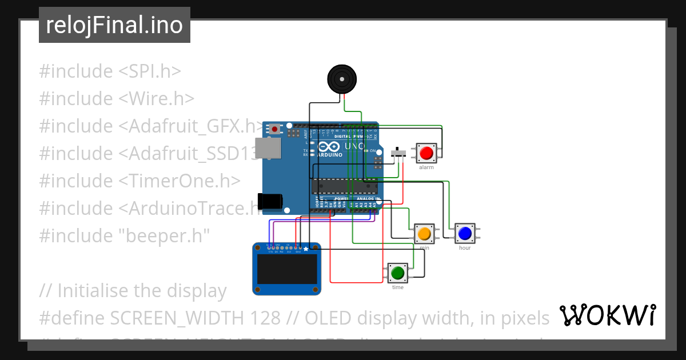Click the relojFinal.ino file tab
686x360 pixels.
click(x=114, y=25)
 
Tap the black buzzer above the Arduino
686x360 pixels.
click(x=341, y=79)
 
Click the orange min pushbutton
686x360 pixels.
click(x=424, y=233)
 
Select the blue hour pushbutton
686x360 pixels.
click(x=465, y=233)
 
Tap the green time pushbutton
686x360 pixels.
click(x=398, y=273)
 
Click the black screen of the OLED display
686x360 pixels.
click(x=287, y=269)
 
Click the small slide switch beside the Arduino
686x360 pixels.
click(x=398, y=153)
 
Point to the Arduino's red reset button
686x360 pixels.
click(x=276, y=129)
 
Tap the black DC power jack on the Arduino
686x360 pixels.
click(x=270, y=201)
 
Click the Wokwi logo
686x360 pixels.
click(x=608, y=315)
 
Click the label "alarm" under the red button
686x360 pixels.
click(x=426, y=167)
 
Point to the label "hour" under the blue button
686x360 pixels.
click(x=465, y=248)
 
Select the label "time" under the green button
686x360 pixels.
click(x=398, y=287)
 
